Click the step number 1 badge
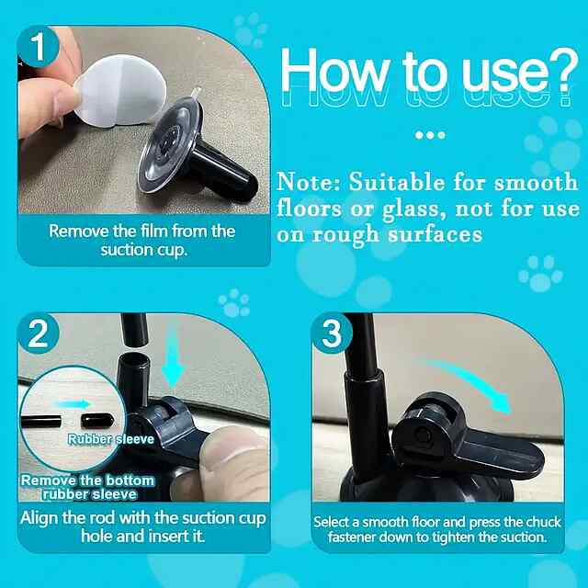click(39, 47)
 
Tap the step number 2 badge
click(39, 334)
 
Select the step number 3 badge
click(332, 334)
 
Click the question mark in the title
click(560, 71)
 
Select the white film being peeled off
click(120, 91)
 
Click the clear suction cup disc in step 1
click(171, 144)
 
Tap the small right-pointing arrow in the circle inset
click(72, 404)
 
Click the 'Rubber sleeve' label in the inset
click(111, 439)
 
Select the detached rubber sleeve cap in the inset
click(97, 421)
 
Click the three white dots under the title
click(430, 135)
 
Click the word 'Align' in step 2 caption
click(40, 519)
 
